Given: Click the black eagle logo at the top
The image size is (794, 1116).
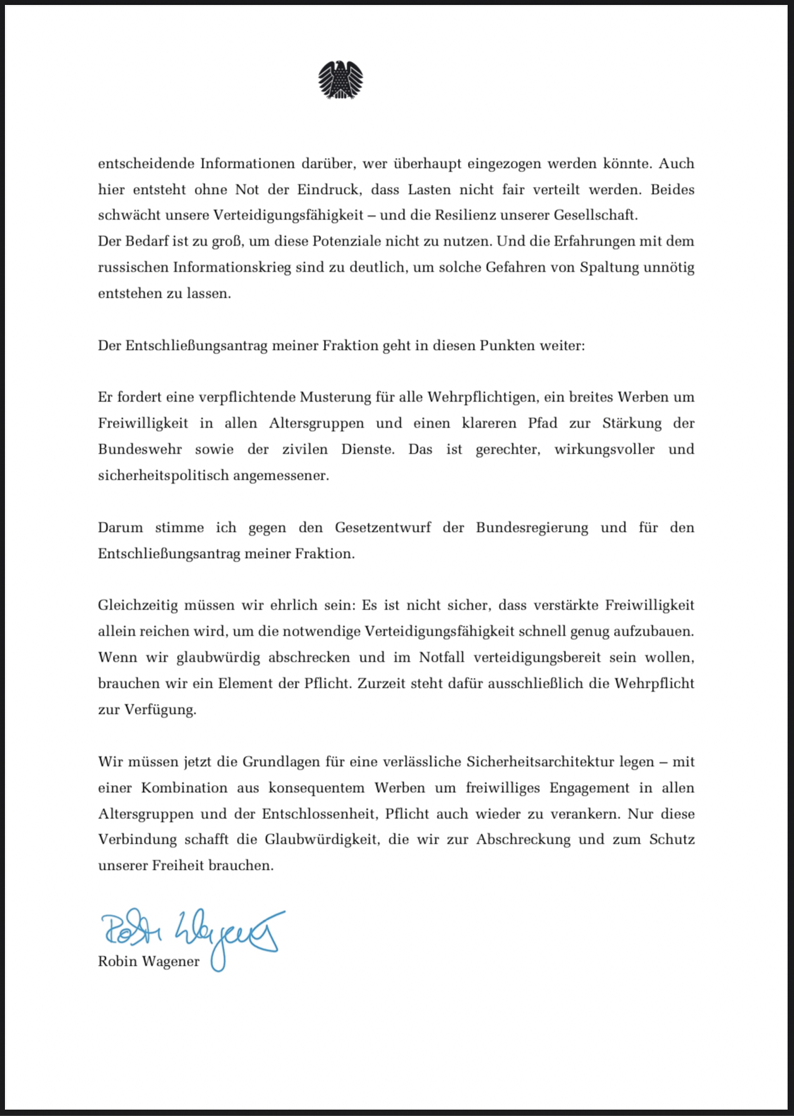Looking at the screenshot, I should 341,80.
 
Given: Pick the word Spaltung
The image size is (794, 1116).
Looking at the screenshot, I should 609,267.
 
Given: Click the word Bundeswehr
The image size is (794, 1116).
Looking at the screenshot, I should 140,449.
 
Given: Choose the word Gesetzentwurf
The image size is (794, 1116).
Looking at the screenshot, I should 383,528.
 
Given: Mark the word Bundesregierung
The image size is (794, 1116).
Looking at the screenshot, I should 531,528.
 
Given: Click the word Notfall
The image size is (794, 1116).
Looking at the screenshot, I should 442,657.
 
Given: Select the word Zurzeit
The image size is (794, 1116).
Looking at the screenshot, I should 382,684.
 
